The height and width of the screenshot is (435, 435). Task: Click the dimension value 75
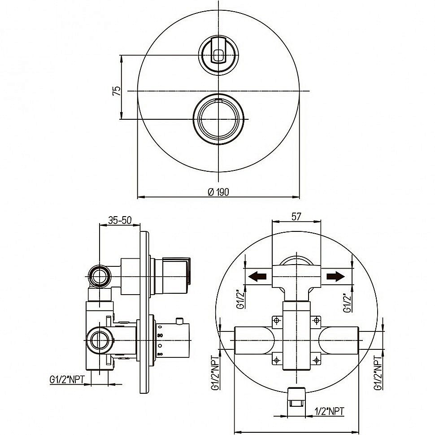[x=117, y=91]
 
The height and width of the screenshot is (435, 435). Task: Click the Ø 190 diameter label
[x=218, y=191]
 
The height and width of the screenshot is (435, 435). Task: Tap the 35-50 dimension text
[x=120, y=220]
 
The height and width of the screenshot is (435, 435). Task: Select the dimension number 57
[x=296, y=217]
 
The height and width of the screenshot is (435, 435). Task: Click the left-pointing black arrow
[x=257, y=276]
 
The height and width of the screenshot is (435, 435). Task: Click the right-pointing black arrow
[x=336, y=276]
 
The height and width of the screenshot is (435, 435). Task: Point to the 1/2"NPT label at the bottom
[x=330, y=411]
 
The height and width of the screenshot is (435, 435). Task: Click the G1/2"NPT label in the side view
[x=67, y=379]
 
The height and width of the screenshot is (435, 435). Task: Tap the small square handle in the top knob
[x=218, y=56]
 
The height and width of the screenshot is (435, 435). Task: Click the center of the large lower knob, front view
[x=218, y=119]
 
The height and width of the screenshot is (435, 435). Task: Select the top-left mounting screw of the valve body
[x=277, y=321]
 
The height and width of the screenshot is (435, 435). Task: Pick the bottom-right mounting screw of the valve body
[x=316, y=361]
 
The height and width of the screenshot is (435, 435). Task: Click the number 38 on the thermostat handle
[x=160, y=335]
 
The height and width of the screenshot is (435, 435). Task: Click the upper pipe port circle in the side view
[x=99, y=277]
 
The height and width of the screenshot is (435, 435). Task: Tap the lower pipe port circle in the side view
[x=99, y=340]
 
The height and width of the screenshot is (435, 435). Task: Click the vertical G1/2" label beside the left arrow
[x=240, y=298]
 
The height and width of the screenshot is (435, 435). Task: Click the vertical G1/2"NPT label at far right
[x=378, y=373]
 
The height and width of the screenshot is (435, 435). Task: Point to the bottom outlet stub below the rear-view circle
[x=296, y=397]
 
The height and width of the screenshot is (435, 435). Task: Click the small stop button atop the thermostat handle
[x=181, y=321]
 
